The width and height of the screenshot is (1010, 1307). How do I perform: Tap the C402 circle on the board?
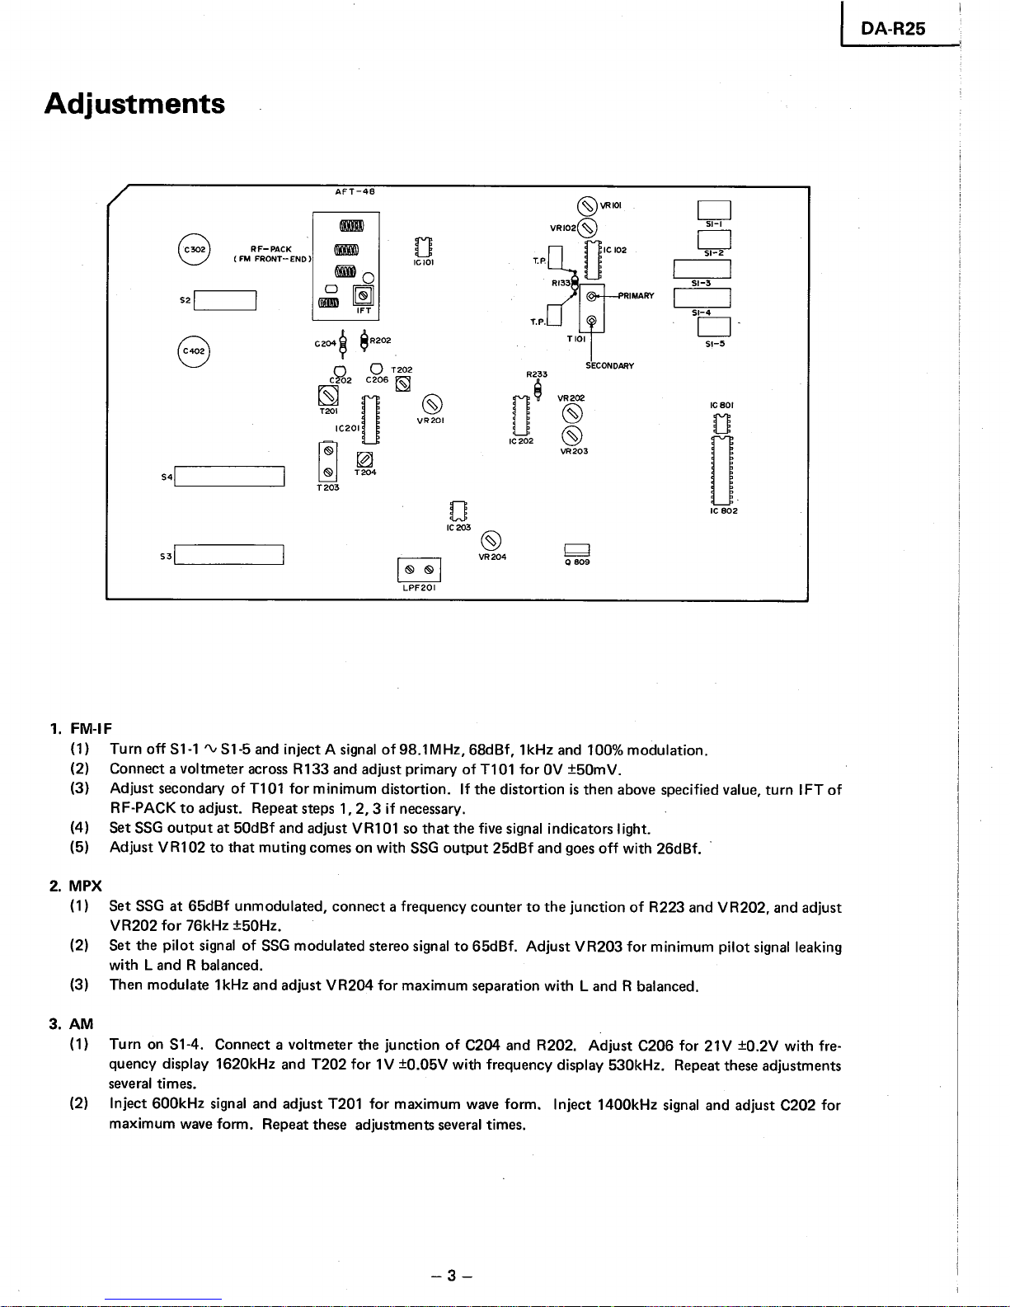tap(194, 351)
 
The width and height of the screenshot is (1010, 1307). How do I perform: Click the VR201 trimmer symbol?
tap(431, 405)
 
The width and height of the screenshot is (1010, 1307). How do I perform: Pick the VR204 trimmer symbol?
tap(491, 541)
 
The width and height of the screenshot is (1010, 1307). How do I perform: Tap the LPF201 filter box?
tap(419, 570)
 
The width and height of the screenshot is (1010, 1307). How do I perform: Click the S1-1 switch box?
tap(714, 210)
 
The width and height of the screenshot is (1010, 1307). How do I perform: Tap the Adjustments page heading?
tap(134, 104)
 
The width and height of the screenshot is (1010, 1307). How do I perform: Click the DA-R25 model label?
tap(893, 29)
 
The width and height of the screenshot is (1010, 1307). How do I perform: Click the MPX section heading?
tap(85, 886)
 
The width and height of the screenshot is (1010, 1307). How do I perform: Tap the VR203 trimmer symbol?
tap(572, 436)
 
